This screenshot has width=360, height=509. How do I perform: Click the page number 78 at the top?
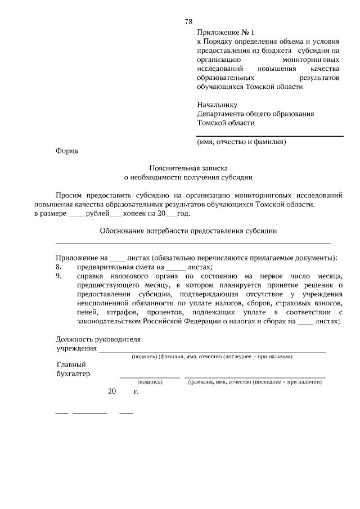(x=188, y=21)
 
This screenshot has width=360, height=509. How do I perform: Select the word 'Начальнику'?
(x=217, y=104)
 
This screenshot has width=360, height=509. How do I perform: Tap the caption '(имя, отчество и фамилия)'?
(x=241, y=142)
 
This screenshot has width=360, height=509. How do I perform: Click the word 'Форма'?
(x=67, y=150)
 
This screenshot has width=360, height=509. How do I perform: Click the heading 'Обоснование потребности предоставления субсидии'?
(x=188, y=231)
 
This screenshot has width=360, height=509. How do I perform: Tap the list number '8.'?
(x=58, y=267)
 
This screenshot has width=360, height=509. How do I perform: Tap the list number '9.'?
(x=58, y=277)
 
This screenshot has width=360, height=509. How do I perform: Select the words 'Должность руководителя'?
(x=98, y=339)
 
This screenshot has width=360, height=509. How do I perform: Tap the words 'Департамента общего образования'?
(x=255, y=113)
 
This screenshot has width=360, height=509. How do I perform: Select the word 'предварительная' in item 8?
(x=107, y=267)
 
